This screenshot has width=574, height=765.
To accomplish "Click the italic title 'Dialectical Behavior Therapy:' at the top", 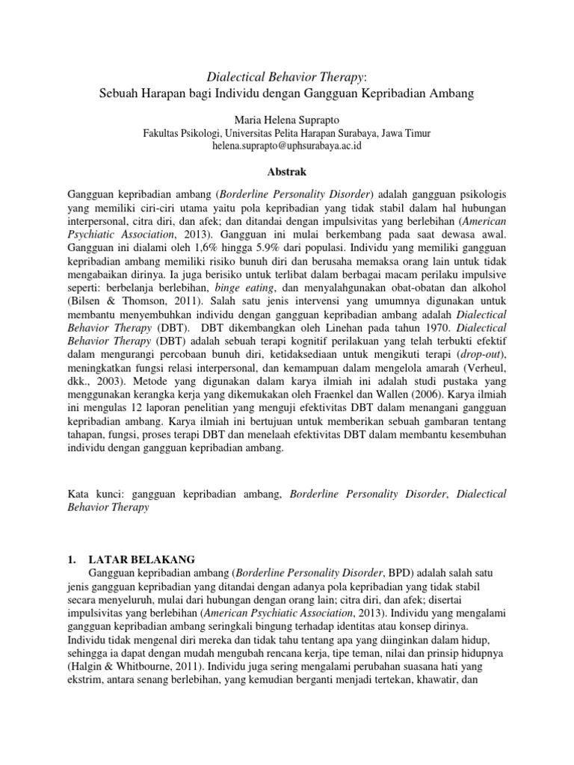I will click(286, 76).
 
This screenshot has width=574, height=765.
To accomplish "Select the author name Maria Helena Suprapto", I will click(286, 119).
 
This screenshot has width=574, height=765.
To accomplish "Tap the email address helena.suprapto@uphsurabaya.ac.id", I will click(286, 146).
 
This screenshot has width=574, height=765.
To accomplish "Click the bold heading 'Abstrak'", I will click(286, 172).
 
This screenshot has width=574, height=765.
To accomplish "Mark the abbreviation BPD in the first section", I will click(400, 572).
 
